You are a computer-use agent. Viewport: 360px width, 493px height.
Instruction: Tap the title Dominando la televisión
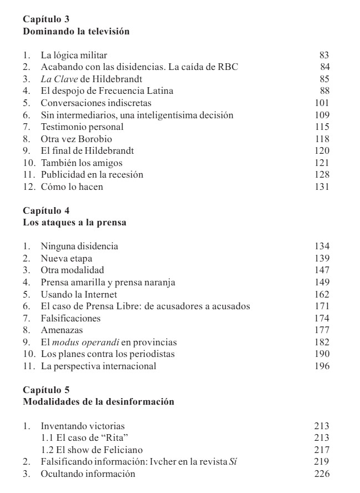click(x=76, y=32)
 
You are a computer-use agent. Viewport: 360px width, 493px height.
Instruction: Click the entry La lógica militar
click(x=74, y=55)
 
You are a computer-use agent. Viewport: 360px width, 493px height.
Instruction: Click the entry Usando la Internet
click(x=79, y=294)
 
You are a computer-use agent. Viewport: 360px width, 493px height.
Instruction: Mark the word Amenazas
click(x=61, y=330)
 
